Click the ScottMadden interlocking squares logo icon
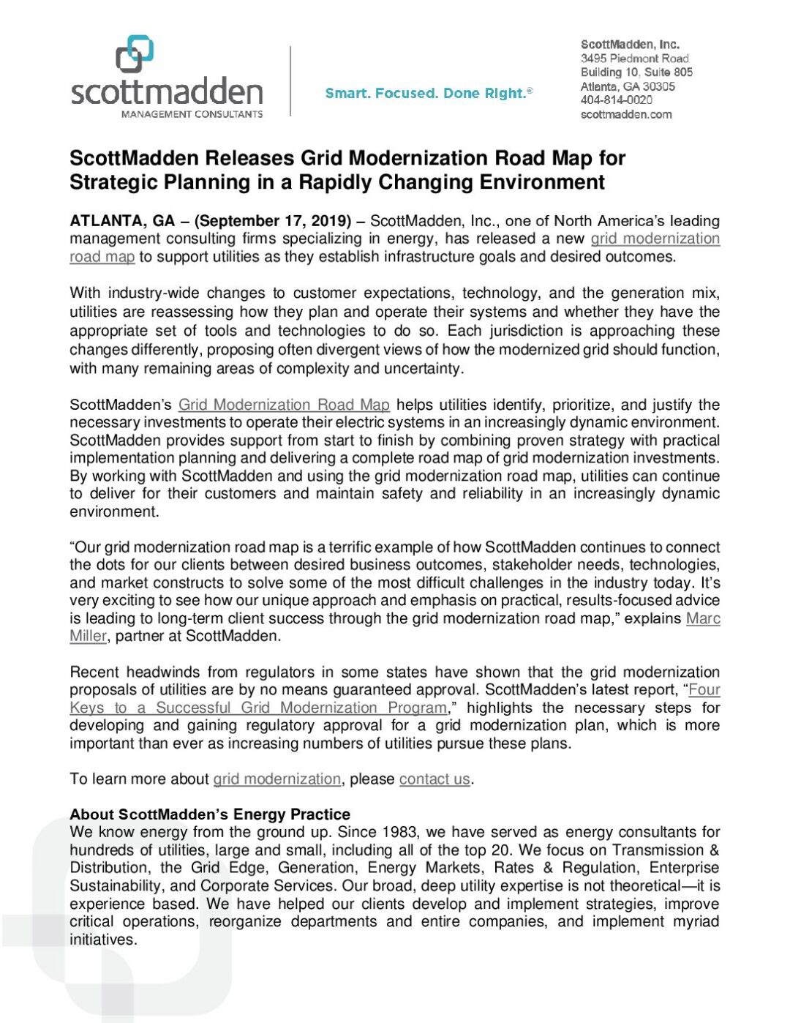pos(135,54)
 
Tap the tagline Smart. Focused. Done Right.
pos(429,94)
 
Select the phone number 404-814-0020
pos(616,100)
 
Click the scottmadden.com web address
pos(625,114)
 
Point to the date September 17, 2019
pos(274,221)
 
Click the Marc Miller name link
pos(702,619)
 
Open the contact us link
pos(434,779)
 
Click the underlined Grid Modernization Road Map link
pos(284,405)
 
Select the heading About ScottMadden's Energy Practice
pos(210,814)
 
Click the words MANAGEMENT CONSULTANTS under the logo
pos(192,114)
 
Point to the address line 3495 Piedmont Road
pos(634,59)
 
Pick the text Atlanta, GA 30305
pos(628,86)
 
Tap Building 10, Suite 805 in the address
pos(636,72)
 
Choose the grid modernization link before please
pos(276,779)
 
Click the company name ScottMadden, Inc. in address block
pos(630,45)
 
